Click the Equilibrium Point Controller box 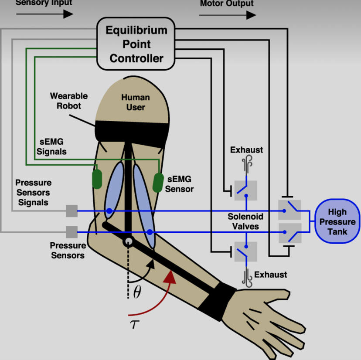(136, 44)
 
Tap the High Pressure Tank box (337, 221)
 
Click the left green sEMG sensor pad (97, 179)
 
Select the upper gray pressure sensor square (72, 211)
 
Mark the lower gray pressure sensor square (72, 232)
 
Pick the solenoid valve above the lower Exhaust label (246, 251)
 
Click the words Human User (135, 102)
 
